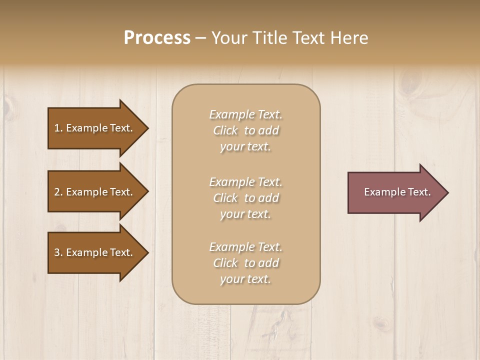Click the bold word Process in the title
tap(157, 38)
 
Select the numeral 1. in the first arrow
tap(58, 128)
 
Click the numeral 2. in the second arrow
tap(58, 192)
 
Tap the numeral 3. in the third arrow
tap(58, 252)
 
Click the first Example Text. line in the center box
tap(245, 114)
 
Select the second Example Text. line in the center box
tap(245, 182)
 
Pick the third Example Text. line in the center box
tap(245, 247)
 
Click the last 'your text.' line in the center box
tap(245, 279)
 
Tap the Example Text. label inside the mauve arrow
tap(397, 192)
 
